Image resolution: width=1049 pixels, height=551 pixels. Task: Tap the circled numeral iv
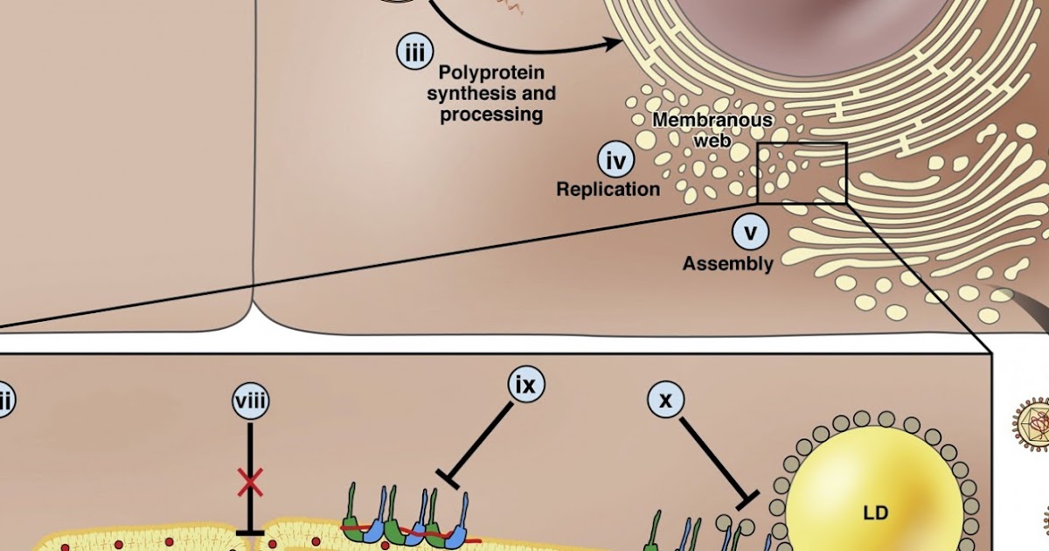(615, 162)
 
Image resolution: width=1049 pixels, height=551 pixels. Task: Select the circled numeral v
(749, 234)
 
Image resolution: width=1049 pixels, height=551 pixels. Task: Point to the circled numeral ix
(526, 384)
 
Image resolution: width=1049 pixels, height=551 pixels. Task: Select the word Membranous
(712, 121)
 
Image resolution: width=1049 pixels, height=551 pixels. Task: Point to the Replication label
(608, 189)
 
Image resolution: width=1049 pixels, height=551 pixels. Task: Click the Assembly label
(728, 263)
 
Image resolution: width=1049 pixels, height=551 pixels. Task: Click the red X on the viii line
(251, 480)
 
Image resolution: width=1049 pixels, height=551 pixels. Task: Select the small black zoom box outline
(802, 173)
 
